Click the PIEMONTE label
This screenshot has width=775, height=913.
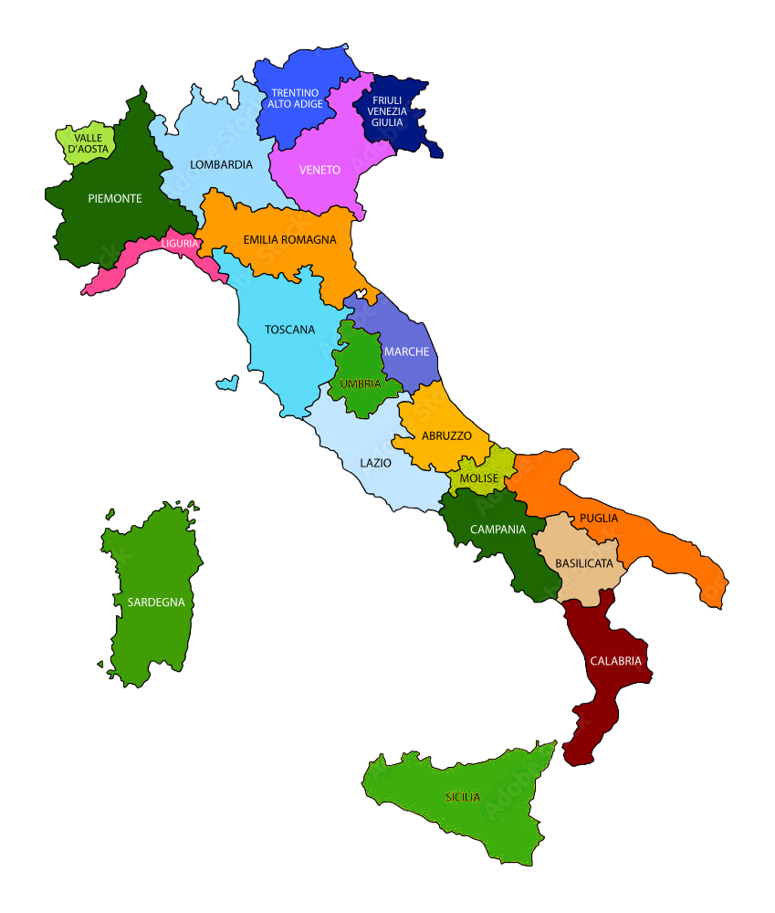(x=114, y=198)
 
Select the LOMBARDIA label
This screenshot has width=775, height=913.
(x=221, y=165)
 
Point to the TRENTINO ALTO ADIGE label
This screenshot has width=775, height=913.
(x=295, y=99)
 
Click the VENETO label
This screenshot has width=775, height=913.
(x=319, y=170)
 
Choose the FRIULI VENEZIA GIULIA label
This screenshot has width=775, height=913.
(x=388, y=111)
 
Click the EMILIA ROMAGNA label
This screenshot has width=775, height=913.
(x=289, y=240)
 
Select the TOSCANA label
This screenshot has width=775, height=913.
(x=289, y=330)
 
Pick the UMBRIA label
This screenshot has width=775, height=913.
(x=361, y=383)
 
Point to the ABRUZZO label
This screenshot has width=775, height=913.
(x=446, y=436)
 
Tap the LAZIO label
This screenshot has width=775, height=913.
(x=375, y=463)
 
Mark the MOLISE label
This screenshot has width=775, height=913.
(x=478, y=477)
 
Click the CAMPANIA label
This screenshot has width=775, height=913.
(x=497, y=530)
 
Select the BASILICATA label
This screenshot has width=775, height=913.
(x=584, y=563)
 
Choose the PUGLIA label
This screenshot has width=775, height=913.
(x=598, y=519)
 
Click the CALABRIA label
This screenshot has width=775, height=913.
(x=616, y=661)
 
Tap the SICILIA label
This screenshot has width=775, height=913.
(x=463, y=797)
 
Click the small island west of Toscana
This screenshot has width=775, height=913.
(x=227, y=383)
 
